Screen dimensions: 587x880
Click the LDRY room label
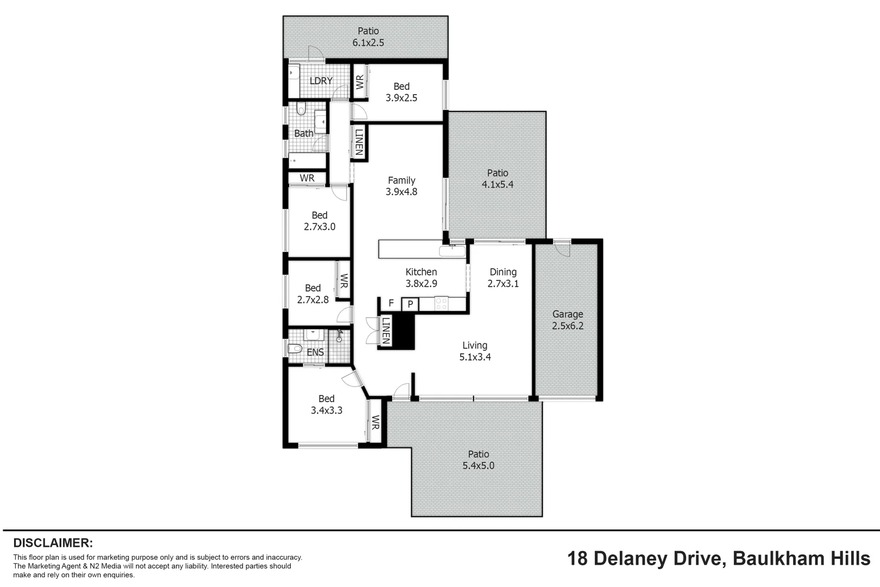(320, 81)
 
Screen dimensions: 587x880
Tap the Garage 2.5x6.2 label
(568, 320)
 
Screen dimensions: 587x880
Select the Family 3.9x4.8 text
(401, 186)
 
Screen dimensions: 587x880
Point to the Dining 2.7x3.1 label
(503, 278)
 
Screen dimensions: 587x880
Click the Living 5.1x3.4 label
(475, 351)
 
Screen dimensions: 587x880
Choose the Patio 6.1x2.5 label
(368, 37)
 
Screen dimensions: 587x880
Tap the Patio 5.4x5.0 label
(479, 460)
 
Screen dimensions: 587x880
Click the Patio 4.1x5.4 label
(498, 179)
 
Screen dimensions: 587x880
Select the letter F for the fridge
(391, 303)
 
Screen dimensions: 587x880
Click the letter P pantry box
(410, 304)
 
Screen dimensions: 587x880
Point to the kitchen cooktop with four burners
(441, 303)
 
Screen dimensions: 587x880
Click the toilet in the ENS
(294, 348)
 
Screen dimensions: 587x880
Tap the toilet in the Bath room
(301, 110)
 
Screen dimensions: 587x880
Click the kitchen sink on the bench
(452, 252)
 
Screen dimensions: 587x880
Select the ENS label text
(315, 352)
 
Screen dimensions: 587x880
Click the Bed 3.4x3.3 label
(326, 404)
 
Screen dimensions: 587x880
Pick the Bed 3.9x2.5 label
(401, 92)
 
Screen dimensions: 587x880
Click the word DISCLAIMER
(53, 542)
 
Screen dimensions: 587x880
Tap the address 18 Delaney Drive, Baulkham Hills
(719, 558)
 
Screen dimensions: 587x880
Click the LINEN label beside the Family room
(359, 142)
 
